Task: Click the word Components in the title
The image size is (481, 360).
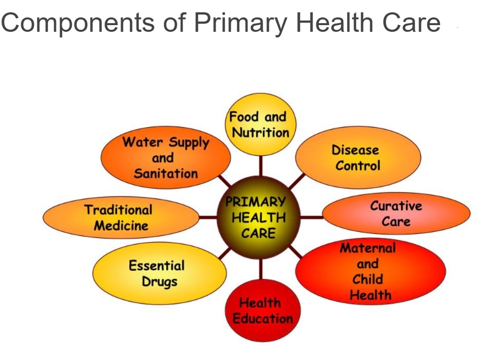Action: point(78,24)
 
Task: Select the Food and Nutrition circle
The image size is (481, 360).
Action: point(261,125)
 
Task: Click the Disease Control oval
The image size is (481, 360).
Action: point(358,157)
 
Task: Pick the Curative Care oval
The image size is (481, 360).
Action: point(396,213)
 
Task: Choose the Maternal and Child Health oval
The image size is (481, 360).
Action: point(371,271)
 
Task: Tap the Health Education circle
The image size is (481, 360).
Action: point(263,311)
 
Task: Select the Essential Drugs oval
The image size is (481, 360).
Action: point(160,273)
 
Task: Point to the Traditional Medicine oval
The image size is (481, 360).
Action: point(121,217)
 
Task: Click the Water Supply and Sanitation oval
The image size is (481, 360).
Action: point(166,157)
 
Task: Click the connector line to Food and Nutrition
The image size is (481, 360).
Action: point(261,166)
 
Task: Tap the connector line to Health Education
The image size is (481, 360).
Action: point(261,269)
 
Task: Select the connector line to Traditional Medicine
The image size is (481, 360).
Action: point(208,217)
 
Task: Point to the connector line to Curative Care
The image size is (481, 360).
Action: point(312,217)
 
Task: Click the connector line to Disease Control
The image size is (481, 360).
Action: point(297,182)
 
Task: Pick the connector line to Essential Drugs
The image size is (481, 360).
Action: point(225,254)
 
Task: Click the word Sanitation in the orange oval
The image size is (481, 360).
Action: point(166,173)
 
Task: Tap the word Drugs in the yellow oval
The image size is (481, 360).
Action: point(160,282)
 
